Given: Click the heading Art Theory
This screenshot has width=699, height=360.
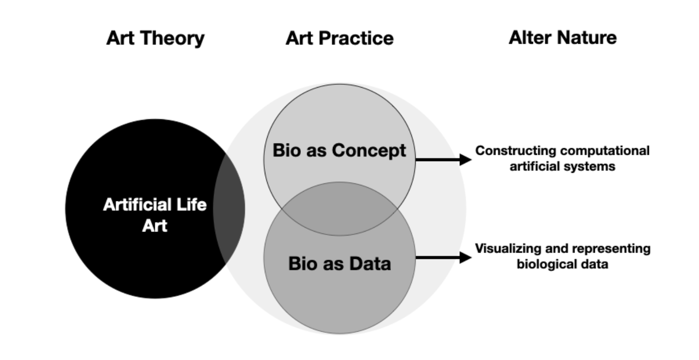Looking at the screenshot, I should (155, 38).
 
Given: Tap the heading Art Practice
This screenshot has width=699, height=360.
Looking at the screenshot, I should (339, 38).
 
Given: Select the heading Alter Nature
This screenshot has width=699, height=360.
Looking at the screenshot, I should (562, 37).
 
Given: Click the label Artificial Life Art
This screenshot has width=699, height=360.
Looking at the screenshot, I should (155, 215).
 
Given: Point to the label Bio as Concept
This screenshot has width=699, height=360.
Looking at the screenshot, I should (339, 150).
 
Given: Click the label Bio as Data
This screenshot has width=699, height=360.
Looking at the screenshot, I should (339, 263).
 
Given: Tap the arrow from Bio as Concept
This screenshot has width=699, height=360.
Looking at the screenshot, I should (443, 159).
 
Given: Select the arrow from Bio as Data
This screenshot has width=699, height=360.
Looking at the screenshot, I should (443, 257).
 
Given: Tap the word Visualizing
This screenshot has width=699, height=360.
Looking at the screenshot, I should (505, 249).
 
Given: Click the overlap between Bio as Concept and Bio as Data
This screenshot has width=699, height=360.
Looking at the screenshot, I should (339, 209).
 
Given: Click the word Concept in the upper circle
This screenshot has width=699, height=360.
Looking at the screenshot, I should (368, 150).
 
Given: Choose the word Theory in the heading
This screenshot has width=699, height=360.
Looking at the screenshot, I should (177, 38).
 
